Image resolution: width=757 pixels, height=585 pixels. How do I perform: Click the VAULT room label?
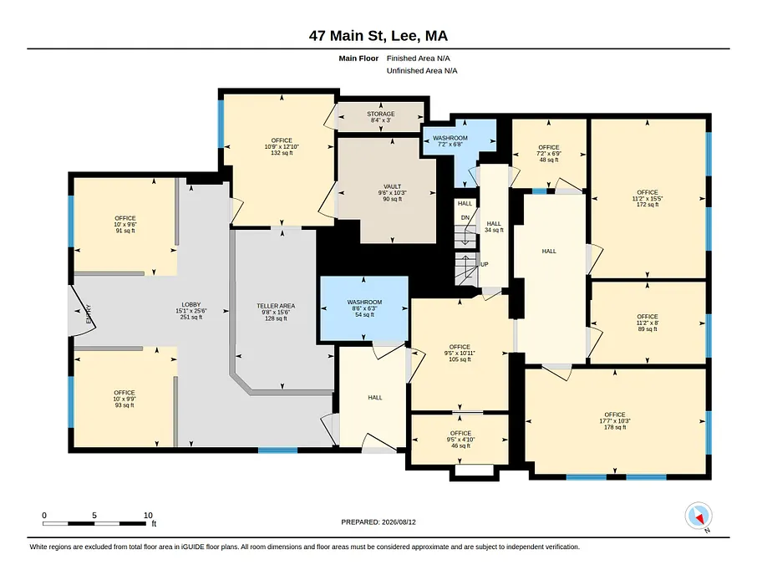click(x=393, y=186)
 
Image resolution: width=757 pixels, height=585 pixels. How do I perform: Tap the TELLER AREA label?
click(x=276, y=306)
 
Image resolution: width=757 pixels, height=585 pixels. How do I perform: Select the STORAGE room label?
click(x=381, y=114)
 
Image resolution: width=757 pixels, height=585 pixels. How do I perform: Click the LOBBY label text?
click(x=191, y=305)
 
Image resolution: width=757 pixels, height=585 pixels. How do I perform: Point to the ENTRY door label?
click(x=89, y=314)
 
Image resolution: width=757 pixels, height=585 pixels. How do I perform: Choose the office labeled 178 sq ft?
click(x=615, y=420)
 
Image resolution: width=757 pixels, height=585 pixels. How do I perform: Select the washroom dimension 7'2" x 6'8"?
click(x=450, y=144)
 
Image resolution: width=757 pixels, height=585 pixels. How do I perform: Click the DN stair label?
click(x=465, y=217)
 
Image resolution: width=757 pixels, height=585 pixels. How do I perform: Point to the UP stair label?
click(x=485, y=264)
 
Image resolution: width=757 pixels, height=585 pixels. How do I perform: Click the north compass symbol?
click(x=699, y=516)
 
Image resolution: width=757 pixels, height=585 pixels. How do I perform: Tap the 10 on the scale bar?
click(x=148, y=515)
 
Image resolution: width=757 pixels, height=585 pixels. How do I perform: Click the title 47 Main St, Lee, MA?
click(x=378, y=36)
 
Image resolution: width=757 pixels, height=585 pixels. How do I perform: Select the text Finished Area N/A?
click(x=418, y=58)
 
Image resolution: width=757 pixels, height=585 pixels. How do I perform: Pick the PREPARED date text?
click(x=378, y=522)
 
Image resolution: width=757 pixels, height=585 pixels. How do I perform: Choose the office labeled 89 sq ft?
click(x=648, y=323)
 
